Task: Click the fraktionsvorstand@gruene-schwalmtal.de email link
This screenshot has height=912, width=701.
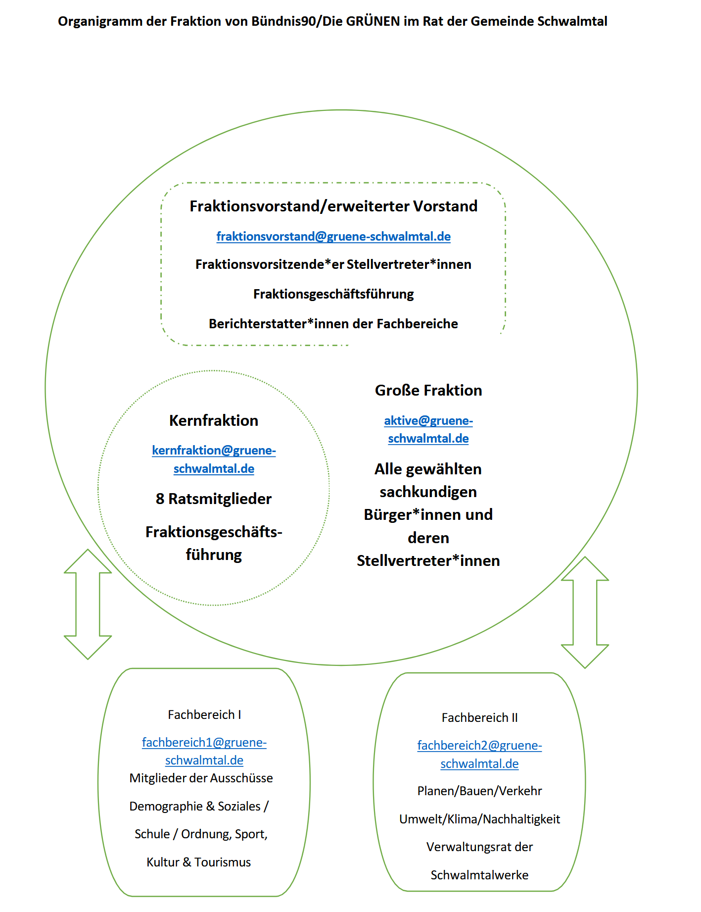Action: pyautogui.click(x=333, y=237)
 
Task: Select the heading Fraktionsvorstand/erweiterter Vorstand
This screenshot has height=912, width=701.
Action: pyautogui.click(x=333, y=206)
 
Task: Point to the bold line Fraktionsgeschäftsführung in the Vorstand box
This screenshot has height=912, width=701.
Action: pyautogui.click(x=333, y=294)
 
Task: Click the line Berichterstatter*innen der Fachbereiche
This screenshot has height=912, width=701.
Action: pyautogui.click(x=333, y=324)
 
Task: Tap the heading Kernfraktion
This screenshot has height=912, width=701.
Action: pyautogui.click(x=214, y=421)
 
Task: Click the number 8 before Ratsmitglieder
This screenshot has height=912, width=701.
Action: pyautogui.click(x=160, y=499)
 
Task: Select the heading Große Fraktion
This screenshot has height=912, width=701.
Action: pyautogui.click(x=428, y=391)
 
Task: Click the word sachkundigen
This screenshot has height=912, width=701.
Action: pyautogui.click(x=428, y=492)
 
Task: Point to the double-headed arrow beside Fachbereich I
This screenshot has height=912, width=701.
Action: pyautogui.click(x=88, y=604)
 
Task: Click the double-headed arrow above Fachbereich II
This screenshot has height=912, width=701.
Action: pyautogui.click(x=585, y=612)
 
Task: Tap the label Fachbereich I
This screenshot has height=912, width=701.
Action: pyautogui.click(x=204, y=715)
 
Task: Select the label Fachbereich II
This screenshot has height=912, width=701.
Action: pyautogui.click(x=479, y=718)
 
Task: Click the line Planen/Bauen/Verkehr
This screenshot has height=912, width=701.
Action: pyautogui.click(x=479, y=791)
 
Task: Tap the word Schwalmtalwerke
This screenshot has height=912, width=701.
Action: pyautogui.click(x=479, y=875)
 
